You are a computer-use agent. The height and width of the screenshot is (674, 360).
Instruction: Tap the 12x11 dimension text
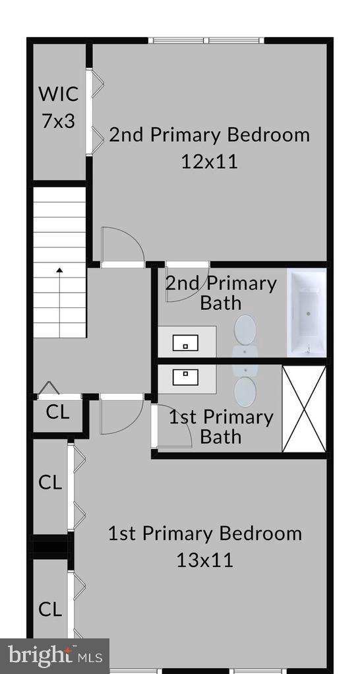tap(209, 162)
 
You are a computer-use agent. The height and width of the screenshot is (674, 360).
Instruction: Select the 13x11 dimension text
tap(204, 560)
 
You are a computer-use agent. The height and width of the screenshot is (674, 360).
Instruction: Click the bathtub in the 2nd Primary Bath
tap(307, 312)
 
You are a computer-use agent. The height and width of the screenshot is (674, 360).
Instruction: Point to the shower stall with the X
tap(304, 409)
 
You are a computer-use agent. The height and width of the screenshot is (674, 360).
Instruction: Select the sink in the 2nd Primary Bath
tap(186, 343)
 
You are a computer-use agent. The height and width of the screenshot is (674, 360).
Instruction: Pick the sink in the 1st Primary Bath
tap(186, 377)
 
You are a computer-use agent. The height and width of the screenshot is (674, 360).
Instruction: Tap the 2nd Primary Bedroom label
tap(209, 135)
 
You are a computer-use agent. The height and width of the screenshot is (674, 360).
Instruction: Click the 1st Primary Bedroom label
tap(204, 533)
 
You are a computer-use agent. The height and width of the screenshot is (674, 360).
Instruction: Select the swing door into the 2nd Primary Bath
tap(187, 282)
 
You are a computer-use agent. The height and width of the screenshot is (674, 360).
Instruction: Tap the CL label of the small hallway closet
tap(57, 413)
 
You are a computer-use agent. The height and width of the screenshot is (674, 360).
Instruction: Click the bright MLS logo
tap(55, 656)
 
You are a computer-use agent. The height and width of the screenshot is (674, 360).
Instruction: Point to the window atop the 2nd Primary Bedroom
tap(207, 41)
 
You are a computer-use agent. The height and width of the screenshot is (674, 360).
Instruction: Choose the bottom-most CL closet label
tap(50, 609)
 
